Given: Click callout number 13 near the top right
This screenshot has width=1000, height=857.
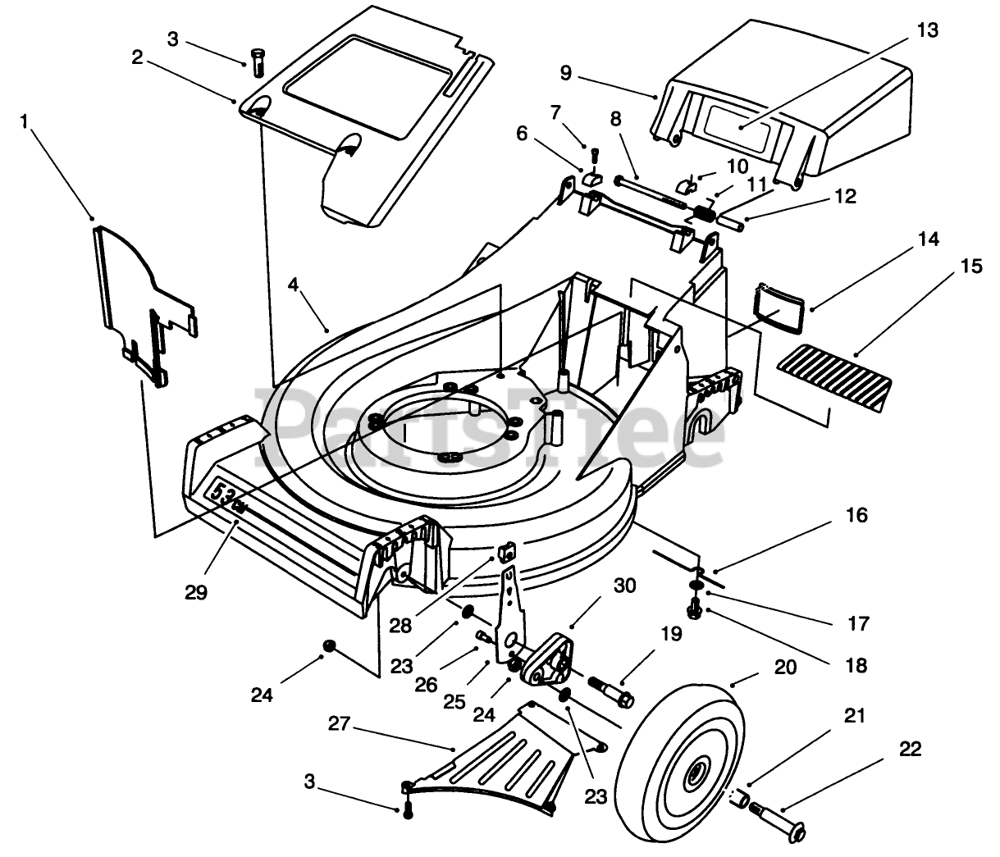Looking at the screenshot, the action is point(928,30).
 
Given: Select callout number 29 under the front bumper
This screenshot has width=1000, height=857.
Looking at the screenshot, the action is point(196,592).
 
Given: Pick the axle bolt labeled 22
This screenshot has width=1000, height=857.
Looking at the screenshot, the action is point(778,823).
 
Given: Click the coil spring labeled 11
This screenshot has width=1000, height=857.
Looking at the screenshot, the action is point(705,212).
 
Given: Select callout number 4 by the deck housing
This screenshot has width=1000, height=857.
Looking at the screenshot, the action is point(293,285).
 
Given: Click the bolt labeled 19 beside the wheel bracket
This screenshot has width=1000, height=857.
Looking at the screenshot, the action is point(611,691).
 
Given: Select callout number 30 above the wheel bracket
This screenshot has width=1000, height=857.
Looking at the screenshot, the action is point(624,586).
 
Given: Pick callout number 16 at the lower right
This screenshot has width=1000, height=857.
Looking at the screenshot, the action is point(856,515).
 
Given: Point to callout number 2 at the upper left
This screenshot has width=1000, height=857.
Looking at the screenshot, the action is point(137,57).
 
